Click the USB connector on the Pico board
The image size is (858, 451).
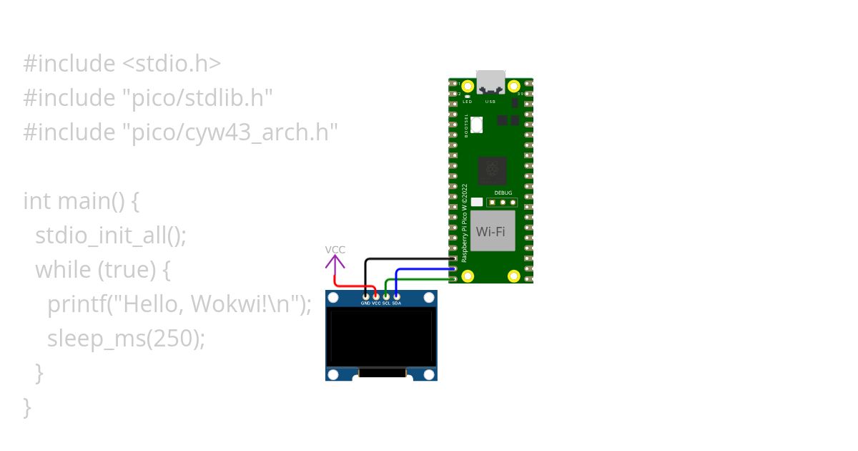pyautogui.click(x=490, y=82)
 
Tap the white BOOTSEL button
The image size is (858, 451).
pyautogui.click(x=477, y=125)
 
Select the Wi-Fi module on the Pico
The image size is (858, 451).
pyautogui.click(x=491, y=231)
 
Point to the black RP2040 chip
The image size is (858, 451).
pyautogui.click(x=492, y=170)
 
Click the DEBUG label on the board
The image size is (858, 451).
pyautogui.click(x=503, y=193)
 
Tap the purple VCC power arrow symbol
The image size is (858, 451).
pyautogui.click(x=335, y=263)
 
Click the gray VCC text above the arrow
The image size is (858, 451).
pyautogui.click(x=335, y=249)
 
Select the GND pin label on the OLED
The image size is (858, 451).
pyautogui.click(x=365, y=304)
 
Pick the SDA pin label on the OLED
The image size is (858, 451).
pyautogui.click(x=396, y=304)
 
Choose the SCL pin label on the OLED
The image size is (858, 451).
pyautogui.click(x=386, y=304)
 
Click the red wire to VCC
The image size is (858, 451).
pyautogui.click(x=350, y=286)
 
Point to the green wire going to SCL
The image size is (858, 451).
pyautogui.click(x=422, y=279)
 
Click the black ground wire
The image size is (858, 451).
pyautogui.click(x=408, y=258)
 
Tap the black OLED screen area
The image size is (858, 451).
pyautogui.click(x=381, y=336)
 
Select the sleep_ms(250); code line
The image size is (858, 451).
pyautogui.click(x=126, y=338)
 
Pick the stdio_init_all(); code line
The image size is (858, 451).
pyautogui.click(x=111, y=236)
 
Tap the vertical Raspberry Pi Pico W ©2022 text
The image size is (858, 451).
pyautogui.click(x=465, y=223)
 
